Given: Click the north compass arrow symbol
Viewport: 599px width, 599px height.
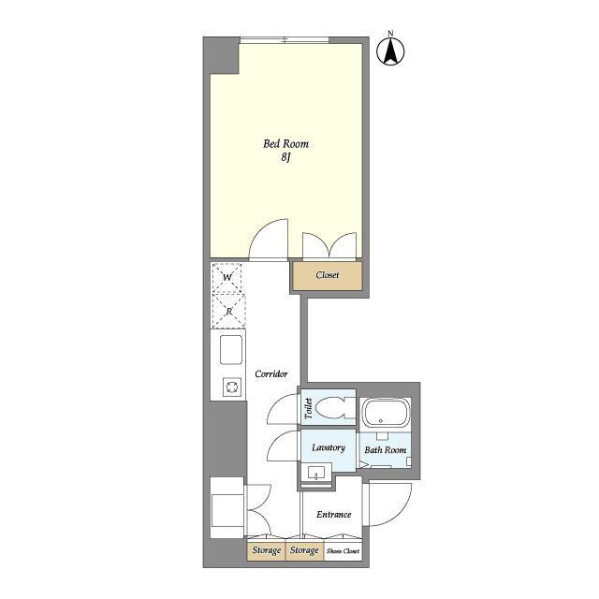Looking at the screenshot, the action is (x=390, y=51).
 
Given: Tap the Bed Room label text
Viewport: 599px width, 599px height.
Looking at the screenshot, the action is (x=285, y=144).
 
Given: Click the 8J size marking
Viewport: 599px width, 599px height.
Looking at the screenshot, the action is (x=286, y=157).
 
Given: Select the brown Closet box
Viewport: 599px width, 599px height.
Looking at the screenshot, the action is (x=328, y=275).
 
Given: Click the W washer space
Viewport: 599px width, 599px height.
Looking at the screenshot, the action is (x=226, y=277).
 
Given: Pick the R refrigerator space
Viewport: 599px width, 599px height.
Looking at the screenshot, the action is (x=228, y=311).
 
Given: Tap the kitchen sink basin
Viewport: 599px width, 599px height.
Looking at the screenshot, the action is (x=231, y=349).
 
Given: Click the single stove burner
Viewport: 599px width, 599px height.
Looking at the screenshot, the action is (x=232, y=387).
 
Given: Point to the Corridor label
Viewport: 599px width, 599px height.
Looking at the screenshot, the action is (x=271, y=374).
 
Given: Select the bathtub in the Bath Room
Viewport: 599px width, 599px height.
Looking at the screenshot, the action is (x=386, y=413).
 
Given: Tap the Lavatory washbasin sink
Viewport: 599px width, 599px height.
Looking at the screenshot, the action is (x=316, y=472).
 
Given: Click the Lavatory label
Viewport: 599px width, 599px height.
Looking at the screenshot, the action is (x=329, y=447).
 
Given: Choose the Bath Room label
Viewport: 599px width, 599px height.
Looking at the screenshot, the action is (x=385, y=450).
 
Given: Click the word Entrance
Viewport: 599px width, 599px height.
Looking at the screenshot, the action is (x=333, y=515).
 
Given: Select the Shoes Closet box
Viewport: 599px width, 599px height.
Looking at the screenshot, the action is (x=343, y=551).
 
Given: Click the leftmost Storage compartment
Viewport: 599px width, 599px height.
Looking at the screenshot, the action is (x=266, y=551).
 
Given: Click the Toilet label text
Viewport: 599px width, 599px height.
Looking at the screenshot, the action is (x=309, y=408).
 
